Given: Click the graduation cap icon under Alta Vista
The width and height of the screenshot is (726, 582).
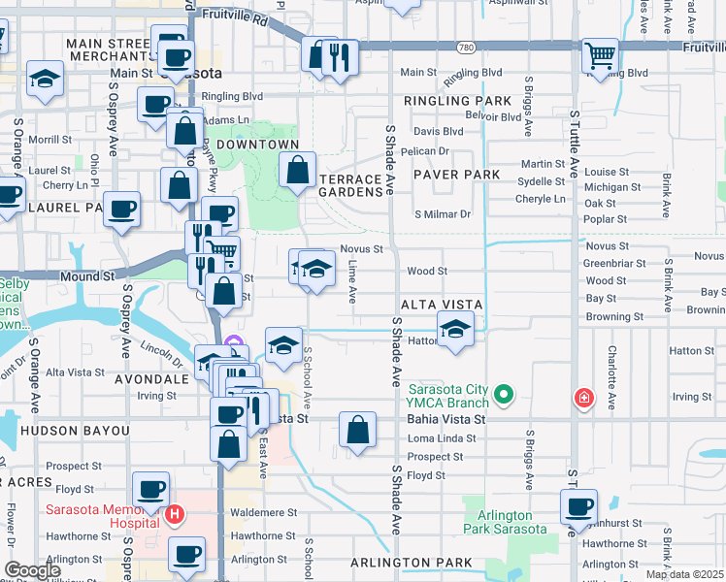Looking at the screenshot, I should click(455, 329).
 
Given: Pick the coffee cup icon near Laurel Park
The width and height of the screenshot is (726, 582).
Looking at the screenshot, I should click(122, 210).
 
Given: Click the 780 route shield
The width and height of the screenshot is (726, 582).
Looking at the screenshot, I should click(467, 47).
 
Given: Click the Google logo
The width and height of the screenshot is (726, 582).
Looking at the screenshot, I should click(32, 570).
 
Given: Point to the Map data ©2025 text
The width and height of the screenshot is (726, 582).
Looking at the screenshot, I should click(684, 574).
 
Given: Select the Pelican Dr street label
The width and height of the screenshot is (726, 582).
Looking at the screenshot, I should click(431, 150).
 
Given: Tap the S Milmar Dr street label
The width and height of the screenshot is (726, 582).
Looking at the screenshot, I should click(443, 214).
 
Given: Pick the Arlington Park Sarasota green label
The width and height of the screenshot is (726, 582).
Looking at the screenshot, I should click(505, 522).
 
